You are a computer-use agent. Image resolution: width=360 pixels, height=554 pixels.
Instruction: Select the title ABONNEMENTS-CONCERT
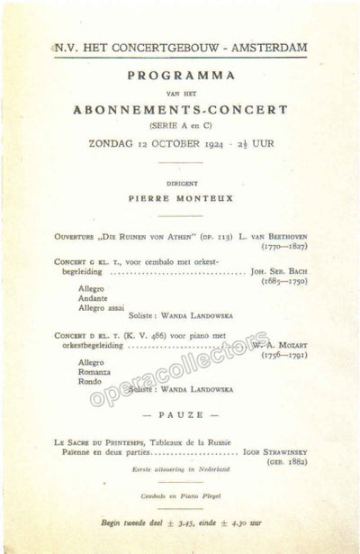click(179, 110)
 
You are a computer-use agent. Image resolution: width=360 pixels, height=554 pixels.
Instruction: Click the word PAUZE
click(179, 415)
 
